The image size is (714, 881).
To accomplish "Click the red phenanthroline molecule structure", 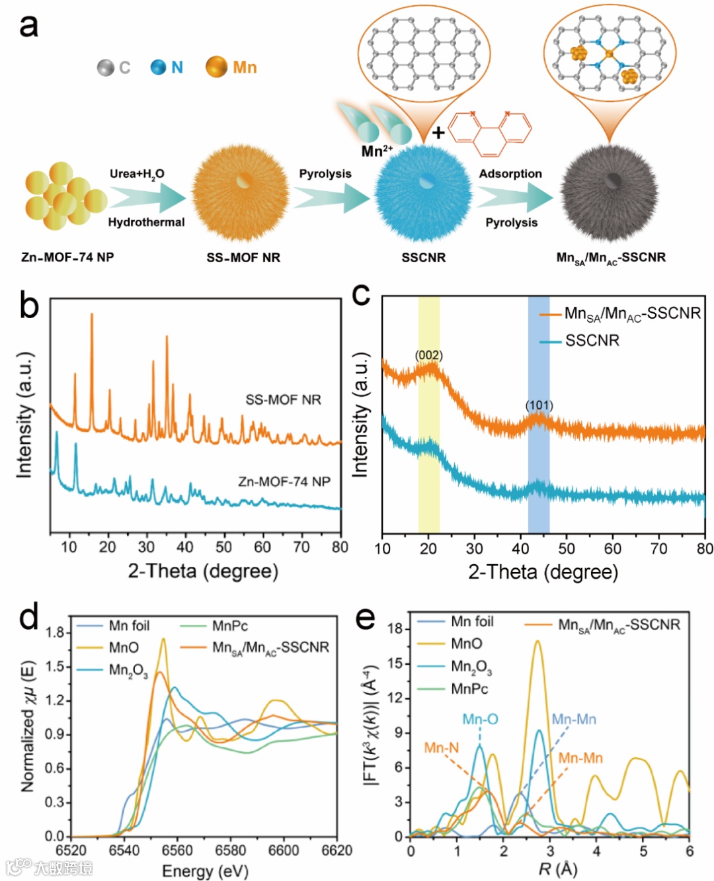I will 489,132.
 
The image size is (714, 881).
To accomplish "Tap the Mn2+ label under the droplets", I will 376,151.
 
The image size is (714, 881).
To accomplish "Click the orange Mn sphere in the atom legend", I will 216,67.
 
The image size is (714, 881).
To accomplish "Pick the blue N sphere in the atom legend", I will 158,67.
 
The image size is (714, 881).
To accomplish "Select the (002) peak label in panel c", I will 428,355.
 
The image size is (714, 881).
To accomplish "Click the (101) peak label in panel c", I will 539,405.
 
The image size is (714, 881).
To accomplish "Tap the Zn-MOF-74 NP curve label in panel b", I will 284,482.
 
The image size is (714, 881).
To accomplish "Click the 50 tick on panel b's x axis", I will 223,547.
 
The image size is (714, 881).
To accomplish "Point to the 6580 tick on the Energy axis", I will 231,851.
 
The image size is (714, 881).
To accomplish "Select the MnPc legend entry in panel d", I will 229,626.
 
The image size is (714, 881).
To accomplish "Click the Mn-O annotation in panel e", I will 480,719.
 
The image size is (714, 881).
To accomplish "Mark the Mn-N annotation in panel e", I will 442,747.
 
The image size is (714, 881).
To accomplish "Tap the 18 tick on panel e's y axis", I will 395,628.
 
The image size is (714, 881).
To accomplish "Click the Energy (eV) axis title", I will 205,870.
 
